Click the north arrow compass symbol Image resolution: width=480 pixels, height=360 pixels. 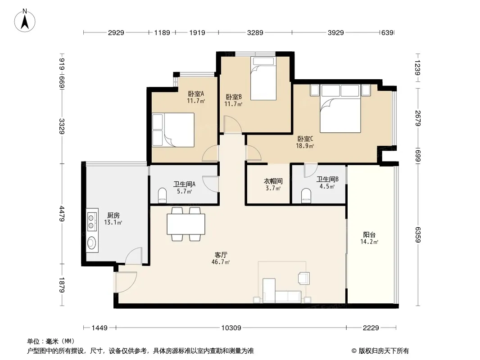click(25, 21)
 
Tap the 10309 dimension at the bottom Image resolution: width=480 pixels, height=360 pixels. click(231, 328)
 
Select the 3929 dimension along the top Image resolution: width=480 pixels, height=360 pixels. click(336, 32)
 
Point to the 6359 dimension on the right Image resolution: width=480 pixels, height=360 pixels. click(418, 234)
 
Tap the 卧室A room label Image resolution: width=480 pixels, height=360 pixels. click(196, 94)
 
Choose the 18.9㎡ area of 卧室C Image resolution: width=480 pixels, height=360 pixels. click(305, 146)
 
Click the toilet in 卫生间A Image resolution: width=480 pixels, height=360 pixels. click(162, 195)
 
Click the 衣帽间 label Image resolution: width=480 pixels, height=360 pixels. click(273, 181)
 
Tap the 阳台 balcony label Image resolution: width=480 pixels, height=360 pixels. click(369, 234)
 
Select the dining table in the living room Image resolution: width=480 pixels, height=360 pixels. click(186, 224)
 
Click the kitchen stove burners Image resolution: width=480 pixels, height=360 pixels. click(91, 222)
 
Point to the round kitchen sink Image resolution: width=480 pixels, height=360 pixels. click(91, 243)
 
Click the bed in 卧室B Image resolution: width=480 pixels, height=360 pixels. click(263, 78)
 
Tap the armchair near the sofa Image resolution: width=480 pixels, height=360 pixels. click(303, 278)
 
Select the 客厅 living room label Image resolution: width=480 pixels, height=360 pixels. click(221, 255)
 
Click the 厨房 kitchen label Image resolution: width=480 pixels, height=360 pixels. click(113, 216)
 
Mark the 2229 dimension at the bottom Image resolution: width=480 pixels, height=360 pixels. click(371, 328)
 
